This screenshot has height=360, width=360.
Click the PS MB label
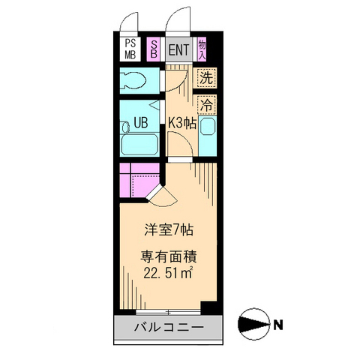coord(130,49)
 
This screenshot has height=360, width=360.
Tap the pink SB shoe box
coord(154,49)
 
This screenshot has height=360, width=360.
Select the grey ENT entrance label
coord(178,50)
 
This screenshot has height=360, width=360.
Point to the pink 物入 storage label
coord(202,49)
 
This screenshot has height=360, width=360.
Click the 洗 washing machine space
coord(205,77)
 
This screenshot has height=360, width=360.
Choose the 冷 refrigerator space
coord(205,103)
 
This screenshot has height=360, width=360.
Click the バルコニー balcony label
coord(169,328)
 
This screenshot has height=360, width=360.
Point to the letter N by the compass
coord(278,325)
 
